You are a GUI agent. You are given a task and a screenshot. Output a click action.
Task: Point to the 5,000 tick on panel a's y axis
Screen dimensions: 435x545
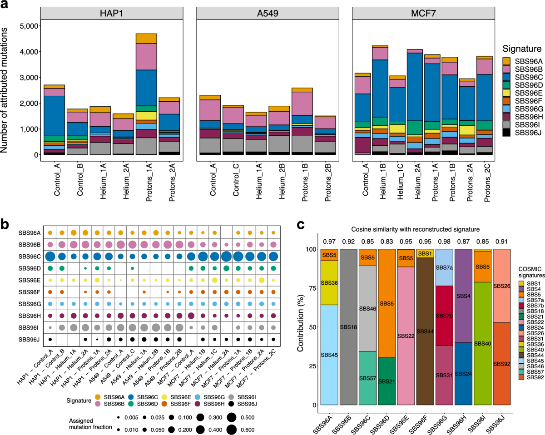click(x=28, y=26)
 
